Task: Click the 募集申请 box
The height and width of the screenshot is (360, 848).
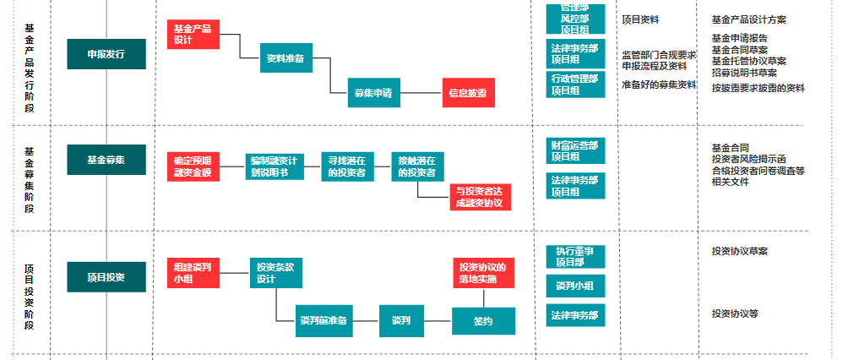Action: coord(372,93)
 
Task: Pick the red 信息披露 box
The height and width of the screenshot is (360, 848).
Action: coord(467,93)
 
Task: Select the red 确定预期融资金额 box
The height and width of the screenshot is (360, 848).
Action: coord(193,166)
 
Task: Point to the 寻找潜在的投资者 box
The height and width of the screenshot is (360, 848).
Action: coord(347,166)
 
